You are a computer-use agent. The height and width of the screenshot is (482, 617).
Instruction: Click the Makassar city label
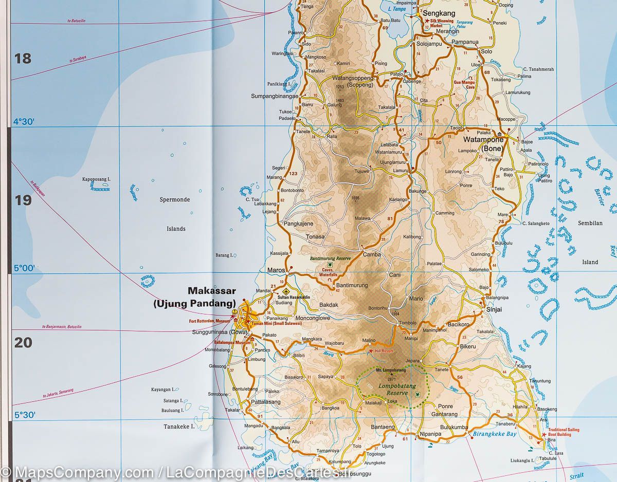pos(212,291)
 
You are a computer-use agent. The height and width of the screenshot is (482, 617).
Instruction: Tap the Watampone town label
pos(483,139)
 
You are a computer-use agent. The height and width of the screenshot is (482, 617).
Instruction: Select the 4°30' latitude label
pos(24,122)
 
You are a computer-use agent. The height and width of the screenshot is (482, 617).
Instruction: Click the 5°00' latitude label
pos(24,268)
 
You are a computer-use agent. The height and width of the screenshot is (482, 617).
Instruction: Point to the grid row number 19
pos(23,200)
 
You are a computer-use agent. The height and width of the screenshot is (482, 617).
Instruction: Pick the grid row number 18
pos(23,59)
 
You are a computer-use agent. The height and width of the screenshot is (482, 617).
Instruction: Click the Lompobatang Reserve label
pos(393,389)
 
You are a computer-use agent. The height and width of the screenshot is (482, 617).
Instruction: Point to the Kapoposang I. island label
pos(97,179)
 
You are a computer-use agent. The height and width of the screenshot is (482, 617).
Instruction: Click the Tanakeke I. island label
pos(179,427)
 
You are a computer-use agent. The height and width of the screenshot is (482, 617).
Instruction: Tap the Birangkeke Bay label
pos(494,434)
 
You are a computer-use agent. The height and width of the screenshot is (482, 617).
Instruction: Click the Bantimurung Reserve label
pos(329,258)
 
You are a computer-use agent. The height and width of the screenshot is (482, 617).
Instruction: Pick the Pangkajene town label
pos(298,224)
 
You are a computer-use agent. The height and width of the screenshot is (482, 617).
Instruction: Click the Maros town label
pos(276,270)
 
